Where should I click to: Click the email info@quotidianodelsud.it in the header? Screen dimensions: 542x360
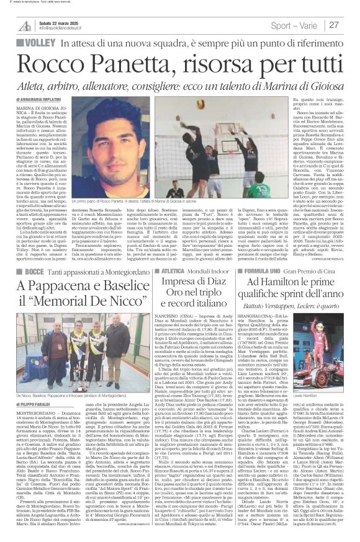[65, 28]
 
